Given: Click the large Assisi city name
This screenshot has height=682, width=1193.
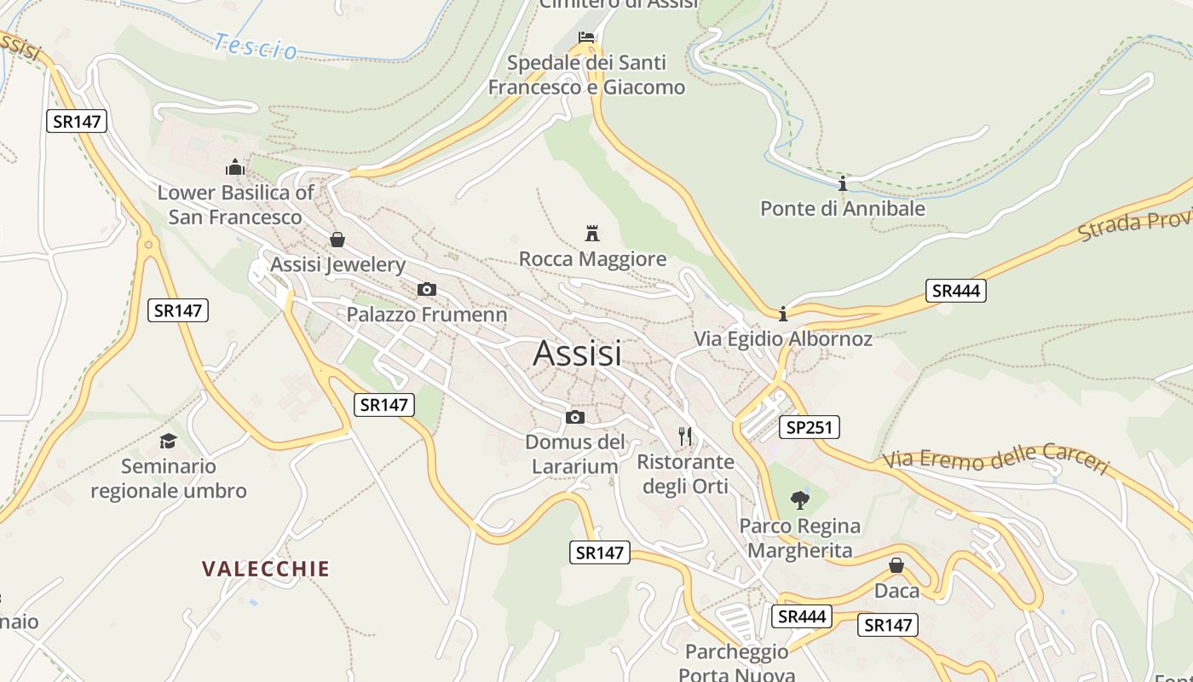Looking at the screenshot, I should tap(577, 353).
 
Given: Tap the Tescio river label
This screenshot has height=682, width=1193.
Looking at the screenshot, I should tap(256, 46).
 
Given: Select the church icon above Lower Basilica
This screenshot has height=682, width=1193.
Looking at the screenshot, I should tap(234, 166).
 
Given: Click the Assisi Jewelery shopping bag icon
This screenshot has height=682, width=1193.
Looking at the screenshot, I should tap(337, 240).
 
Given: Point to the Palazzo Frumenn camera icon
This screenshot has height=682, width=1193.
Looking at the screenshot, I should tap(427, 290).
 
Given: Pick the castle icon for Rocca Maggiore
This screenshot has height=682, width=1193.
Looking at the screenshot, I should tap(592, 233).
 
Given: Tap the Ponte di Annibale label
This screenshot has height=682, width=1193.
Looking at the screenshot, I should tap(842, 208).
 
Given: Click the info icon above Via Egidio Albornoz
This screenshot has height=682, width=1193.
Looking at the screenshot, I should tap(783, 314).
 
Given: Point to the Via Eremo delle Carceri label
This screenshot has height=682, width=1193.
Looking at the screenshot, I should tap(996, 459).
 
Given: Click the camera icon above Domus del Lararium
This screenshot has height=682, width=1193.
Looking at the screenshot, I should tap(575, 417).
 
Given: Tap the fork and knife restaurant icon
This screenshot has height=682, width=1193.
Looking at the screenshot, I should tap(686, 436).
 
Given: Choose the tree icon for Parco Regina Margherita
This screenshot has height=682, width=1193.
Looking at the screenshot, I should tap(799, 500).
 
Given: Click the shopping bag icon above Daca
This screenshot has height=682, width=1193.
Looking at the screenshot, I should tap(896, 565).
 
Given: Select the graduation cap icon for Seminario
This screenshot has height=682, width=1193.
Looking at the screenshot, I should tap(169, 441).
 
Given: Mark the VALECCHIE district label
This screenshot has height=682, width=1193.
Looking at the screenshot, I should tap(265, 569).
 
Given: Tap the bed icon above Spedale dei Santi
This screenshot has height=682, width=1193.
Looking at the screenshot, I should tap(586, 37).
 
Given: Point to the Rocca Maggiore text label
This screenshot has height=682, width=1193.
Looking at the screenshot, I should tap(592, 259).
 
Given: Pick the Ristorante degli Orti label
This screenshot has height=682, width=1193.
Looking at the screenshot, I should tap(685, 474).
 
